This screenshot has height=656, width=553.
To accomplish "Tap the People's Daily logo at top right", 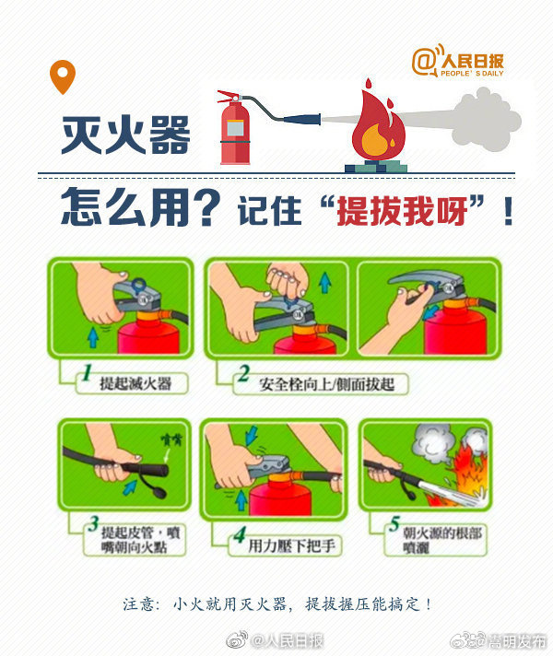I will tap(458, 62).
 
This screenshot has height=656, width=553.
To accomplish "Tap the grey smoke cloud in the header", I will tap(484, 124).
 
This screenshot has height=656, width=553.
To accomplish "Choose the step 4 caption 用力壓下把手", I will tap(293, 545).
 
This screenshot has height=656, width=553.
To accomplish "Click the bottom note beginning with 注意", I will tap(276, 604).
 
